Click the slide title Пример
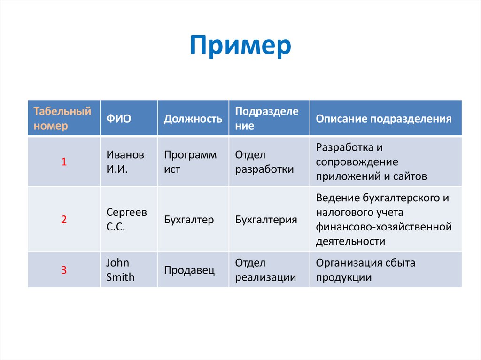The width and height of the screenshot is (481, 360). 240,46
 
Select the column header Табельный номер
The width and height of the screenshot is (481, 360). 62,119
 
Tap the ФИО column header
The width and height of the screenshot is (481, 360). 116,119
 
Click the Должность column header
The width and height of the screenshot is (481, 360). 193,119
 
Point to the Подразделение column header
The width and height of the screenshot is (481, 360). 266,119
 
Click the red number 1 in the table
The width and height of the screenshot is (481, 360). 64,162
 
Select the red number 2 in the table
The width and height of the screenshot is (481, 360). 64,219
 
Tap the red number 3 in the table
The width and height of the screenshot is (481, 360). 64,270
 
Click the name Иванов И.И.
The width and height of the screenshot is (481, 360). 125,162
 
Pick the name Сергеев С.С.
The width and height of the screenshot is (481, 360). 126,219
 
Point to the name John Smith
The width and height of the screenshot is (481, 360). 120,270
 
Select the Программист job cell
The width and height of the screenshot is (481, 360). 190,162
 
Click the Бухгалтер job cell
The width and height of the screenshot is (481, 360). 189,219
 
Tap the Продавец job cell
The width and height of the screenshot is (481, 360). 189,270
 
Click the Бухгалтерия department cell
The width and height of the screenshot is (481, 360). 266,219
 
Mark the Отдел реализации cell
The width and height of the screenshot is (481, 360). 265,270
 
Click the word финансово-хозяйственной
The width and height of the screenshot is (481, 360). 383,227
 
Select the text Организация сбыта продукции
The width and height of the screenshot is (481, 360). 365,270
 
